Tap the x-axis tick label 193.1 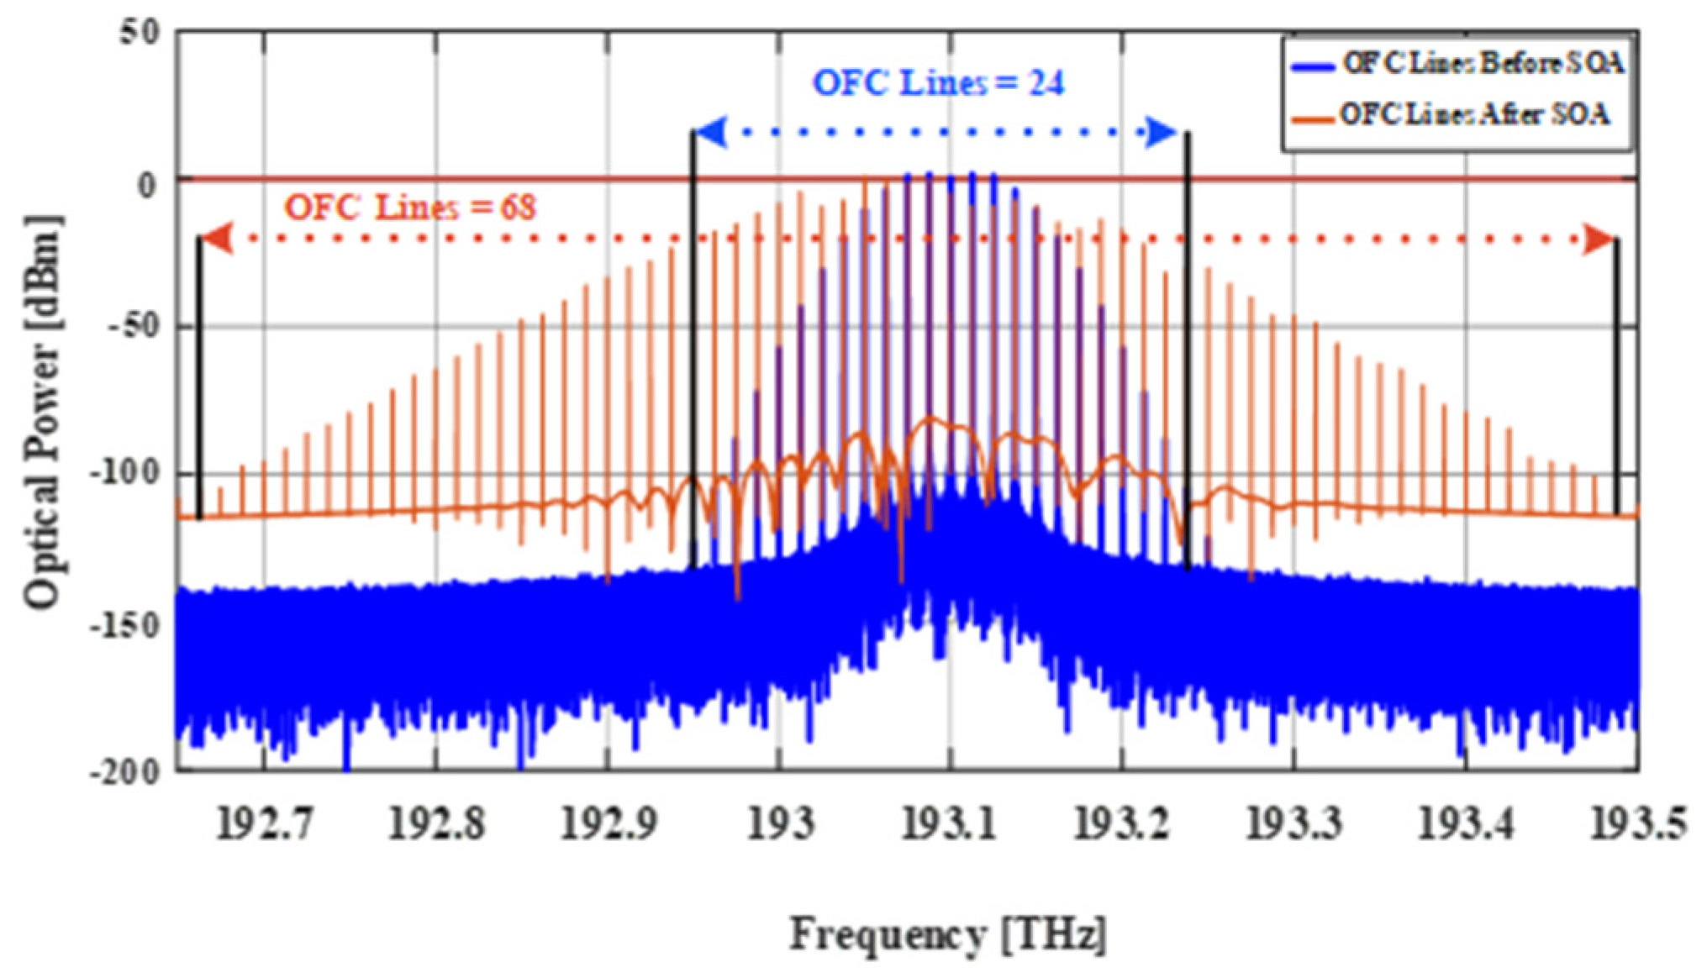click(950, 823)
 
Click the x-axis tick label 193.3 click(1294, 823)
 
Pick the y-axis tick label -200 click(125, 771)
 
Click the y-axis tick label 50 click(140, 34)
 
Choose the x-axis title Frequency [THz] click(948, 934)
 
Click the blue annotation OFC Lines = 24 click(938, 83)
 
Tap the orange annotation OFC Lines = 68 click(410, 208)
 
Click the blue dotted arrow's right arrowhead click(1165, 133)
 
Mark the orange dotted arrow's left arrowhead click(216, 239)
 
